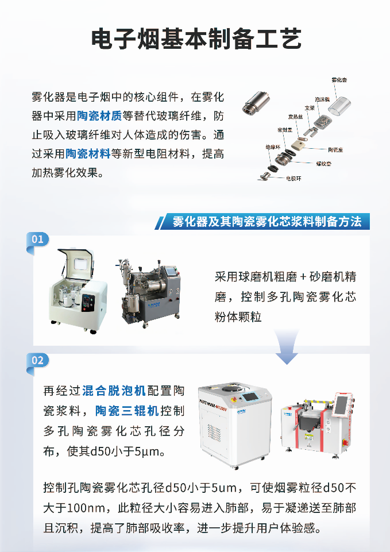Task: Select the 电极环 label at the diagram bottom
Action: coord(294,179)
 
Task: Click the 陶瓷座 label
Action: coord(335,149)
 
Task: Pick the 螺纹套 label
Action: coord(325,163)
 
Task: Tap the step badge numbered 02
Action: coord(38,360)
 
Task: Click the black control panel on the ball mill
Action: coord(87,300)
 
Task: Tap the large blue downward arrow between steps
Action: coord(287,348)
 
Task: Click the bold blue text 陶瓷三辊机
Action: coord(126,411)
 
